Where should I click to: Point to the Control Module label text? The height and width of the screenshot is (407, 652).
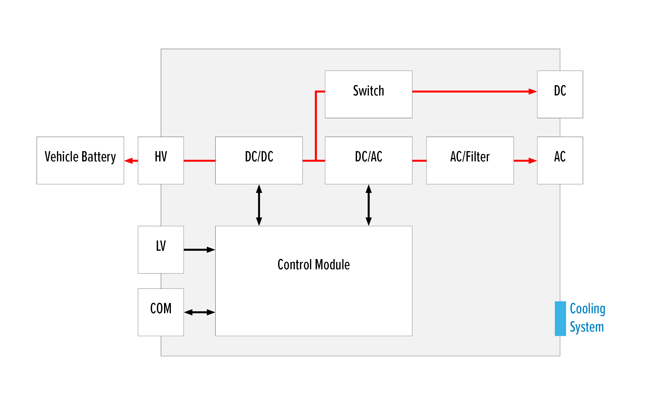point(313,264)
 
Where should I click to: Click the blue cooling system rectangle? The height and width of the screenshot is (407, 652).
point(560,318)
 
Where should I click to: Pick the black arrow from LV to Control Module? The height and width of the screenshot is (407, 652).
point(199,250)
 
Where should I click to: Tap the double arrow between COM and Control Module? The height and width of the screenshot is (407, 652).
point(199,312)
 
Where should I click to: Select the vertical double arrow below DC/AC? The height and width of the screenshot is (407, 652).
point(368,205)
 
